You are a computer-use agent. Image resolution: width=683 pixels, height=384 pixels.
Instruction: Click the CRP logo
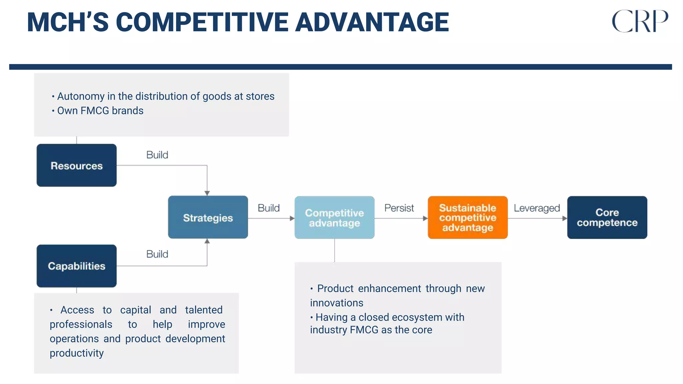(640, 21)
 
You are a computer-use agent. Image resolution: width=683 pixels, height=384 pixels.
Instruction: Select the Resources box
(76, 165)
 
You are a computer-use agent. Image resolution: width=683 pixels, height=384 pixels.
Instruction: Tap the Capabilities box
(76, 266)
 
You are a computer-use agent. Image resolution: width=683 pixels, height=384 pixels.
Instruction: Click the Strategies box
(208, 217)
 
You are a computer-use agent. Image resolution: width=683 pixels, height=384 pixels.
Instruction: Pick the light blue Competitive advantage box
(334, 217)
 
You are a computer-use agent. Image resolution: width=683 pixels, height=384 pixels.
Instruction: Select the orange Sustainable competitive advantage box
(468, 217)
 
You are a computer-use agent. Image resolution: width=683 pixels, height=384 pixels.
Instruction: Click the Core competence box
(607, 217)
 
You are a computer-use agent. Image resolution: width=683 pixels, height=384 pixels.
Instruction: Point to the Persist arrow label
(399, 208)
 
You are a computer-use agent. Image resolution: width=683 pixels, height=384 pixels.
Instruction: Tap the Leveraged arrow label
(537, 208)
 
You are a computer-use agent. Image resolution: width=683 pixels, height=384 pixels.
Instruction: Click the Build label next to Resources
(157, 155)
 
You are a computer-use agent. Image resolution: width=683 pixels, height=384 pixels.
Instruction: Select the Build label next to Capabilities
(157, 254)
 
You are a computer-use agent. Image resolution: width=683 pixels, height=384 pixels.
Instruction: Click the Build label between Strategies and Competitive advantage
(268, 208)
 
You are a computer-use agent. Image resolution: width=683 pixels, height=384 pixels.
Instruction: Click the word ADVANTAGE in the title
(372, 22)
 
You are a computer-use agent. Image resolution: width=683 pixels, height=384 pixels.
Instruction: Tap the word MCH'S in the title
(68, 22)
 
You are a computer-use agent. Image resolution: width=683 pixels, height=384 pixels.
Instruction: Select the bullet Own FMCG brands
(100, 111)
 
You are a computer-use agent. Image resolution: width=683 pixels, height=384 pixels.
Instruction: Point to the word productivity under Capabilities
(77, 353)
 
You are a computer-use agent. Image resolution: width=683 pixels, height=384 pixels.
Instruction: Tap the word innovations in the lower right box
(336, 303)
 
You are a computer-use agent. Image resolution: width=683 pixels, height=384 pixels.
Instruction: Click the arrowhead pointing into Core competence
(564, 218)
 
